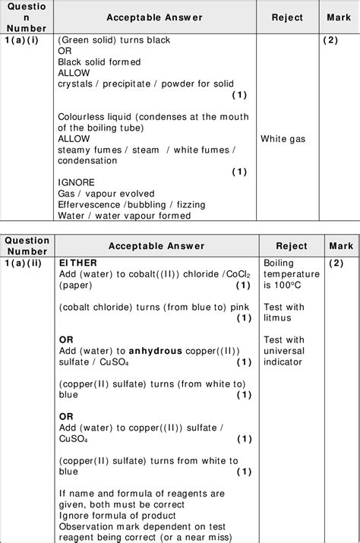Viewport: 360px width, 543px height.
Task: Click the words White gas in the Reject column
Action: [x=284, y=139]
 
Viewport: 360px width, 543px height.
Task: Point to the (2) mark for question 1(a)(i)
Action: [x=330, y=40]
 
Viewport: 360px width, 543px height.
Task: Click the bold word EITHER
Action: [x=78, y=263]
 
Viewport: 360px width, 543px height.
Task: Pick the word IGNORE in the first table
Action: [x=76, y=183]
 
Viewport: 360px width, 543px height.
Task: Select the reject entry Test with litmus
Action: [x=283, y=312]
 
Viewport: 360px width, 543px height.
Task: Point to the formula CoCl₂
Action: [x=223, y=274]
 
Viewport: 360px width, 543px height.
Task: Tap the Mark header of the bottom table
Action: [x=341, y=246]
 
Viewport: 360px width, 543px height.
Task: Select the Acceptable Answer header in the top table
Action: [x=154, y=17]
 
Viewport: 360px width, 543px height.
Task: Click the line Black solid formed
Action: [x=99, y=62]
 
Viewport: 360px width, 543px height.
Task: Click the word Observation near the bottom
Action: [x=87, y=527]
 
